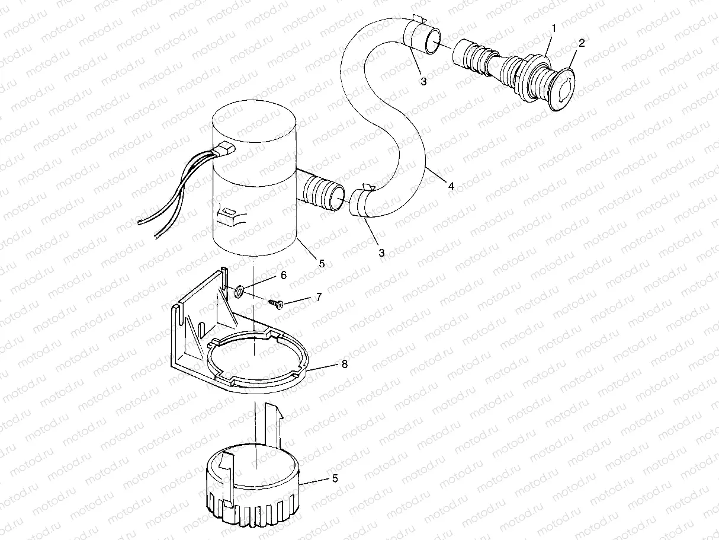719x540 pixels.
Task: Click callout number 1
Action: [x=554, y=28]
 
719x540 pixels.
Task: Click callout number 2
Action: [x=582, y=43]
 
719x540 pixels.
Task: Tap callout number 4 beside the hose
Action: [x=451, y=186]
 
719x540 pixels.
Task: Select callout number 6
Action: [x=283, y=276]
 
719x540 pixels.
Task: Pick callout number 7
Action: [x=318, y=297]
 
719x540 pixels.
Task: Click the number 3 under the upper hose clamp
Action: [x=423, y=82]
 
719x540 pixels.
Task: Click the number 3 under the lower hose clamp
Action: [x=381, y=253]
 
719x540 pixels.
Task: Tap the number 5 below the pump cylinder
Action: [x=322, y=264]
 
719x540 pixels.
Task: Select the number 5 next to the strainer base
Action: [x=335, y=478]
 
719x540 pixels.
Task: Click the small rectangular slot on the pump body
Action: [x=228, y=210]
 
